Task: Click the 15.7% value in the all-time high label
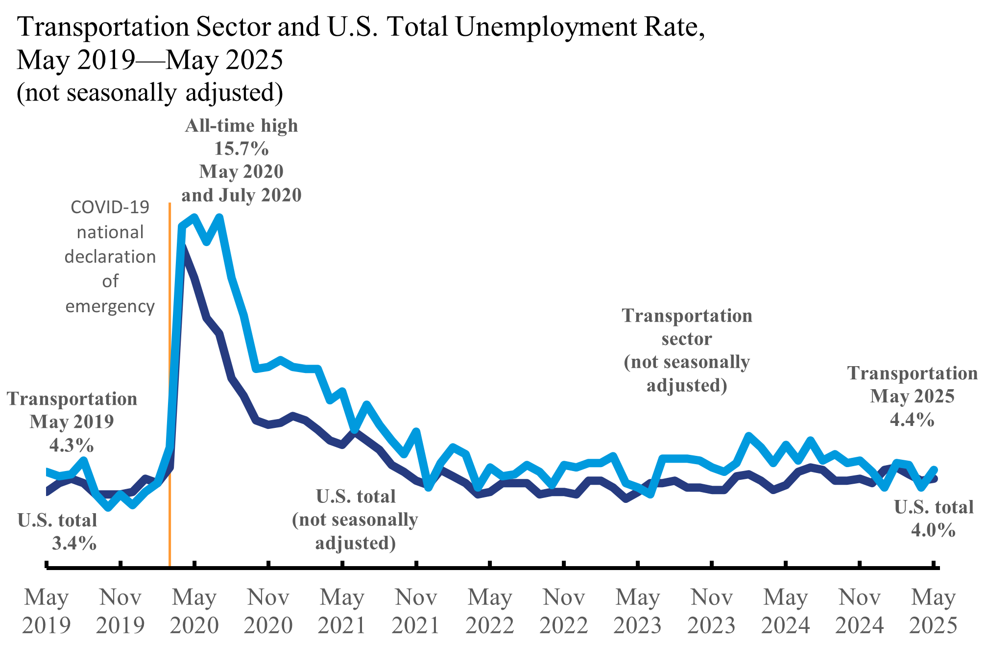(x=241, y=148)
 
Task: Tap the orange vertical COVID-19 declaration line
(x=169, y=392)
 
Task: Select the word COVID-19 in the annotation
(x=110, y=207)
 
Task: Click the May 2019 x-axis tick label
(x=47, y=611)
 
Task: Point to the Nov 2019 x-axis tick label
(x=120, y=611)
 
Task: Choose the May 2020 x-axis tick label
(x=194, y=611)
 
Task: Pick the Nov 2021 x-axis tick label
(x=416, y=611)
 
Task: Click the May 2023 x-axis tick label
(x=638, y=611)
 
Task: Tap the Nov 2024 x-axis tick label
(x=860, y=611)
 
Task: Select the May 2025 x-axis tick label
(x=933, y=611)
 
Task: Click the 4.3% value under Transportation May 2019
(x=72, y=445)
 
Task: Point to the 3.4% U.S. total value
(x=74, y=543)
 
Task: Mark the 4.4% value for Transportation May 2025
(x=912, y=420)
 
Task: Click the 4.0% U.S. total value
(x=933, y=530)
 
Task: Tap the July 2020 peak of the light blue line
(x=219, y=217)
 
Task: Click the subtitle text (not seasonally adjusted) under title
(x=150, y=92)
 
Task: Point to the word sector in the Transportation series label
(x=687, y=339)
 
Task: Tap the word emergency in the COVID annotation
(x=110, y=306)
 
